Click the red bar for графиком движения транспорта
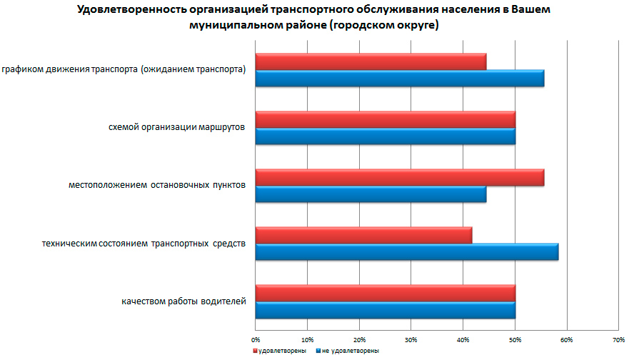pyautogui.click(x=371, y=62)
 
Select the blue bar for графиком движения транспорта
pyautogui.click(x=399, y=79)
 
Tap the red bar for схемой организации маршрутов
pyautogui.click(x=385, y=119)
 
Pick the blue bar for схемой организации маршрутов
pyautogui.click(x=385, y=136)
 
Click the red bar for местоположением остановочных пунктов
pyautogui.click(x=399, y=177)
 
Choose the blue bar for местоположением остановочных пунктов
pyautogui.click(x=371, y=194)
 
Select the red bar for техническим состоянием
pyautogui.click(x=363, y=235)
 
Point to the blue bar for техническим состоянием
pyautogui.click(x=406, y=251)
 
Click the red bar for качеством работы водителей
pyautogui.click(x=385, y=293)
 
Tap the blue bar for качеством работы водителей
pyautogui.click(x=385, y=309)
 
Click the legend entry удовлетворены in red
pyautogui.click(x=283, y=351)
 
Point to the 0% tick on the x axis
pyautogui.click(x=256, y=339)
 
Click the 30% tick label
pyautogui.click(x=411, y=339)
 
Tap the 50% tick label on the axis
pyautogui.click(x=515, y=339)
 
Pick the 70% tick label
pyautogui.click(x=618, y=339)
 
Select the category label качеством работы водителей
pyautogui.click(x=184, y=301)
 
